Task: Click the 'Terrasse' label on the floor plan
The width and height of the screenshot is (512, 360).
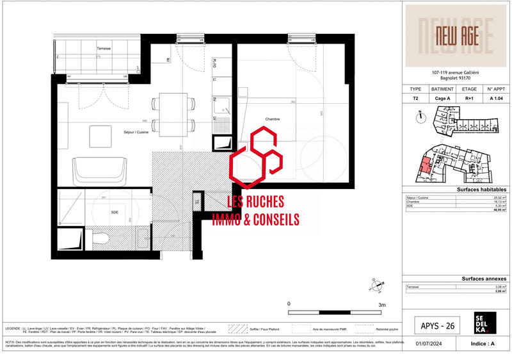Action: [x=104, y=49]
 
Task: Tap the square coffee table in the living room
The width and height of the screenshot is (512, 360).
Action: [x=100, y=136]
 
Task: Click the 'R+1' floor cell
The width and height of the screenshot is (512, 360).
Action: [x=469, y=99]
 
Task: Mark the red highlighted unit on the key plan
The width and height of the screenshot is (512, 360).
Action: [x=425, y=166]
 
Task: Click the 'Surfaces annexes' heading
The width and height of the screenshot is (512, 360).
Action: [x=483, y=279]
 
